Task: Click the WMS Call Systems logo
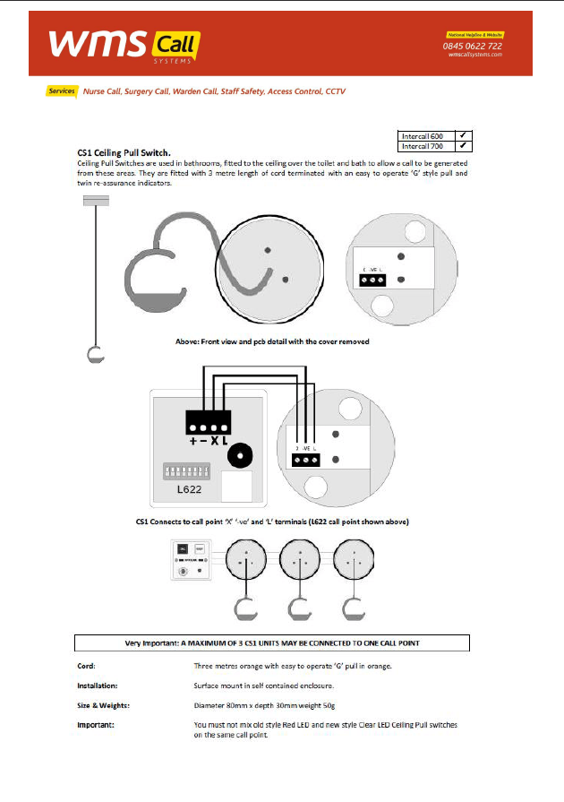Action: [x=124, y=44]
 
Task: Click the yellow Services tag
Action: [x=62, y=91]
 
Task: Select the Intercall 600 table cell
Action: [x=426, y=135]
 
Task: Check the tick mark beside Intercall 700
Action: [x=464, y=145]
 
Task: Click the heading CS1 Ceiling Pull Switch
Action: [x=124, y=153]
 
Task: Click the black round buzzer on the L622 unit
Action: [x=239, y=456]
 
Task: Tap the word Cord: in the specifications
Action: [x=86, y=667]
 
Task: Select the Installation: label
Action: [x=97, y=686]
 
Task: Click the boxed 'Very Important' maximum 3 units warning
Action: [x=271, y=643]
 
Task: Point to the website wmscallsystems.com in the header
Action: [x=474, y=55]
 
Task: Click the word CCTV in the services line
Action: [x=336, y=91]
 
